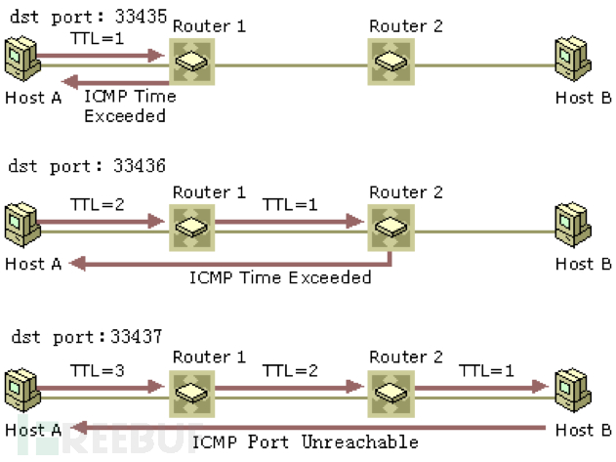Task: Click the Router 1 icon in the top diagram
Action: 191,60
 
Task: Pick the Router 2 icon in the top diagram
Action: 390,60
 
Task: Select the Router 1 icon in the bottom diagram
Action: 191,390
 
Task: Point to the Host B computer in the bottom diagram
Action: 571,389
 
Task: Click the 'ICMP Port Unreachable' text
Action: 305,441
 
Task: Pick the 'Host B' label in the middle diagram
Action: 584,263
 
